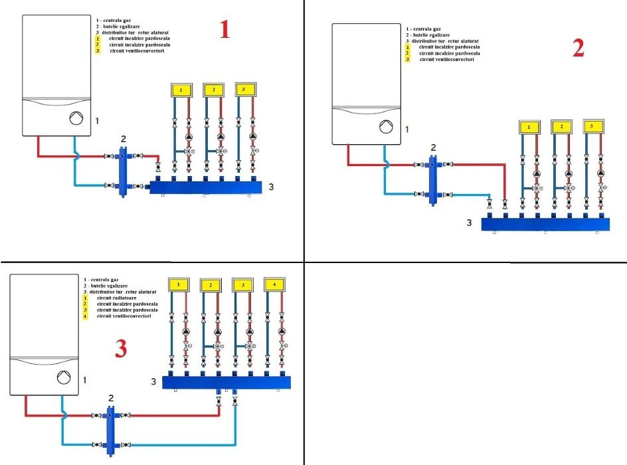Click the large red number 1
[x=224, y=29]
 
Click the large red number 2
[x=578, y=48]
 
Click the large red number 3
[x=120, y=349]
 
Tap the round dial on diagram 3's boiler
[x=63, y=377]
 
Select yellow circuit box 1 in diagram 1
[x=181, y=90]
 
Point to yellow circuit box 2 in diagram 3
[x=211, y=285]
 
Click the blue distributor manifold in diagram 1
[x=207, y=187]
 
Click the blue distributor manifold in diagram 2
[x=545, y=225]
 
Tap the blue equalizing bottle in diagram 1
[x=124, y=173]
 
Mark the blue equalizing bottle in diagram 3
[x=111, y=429]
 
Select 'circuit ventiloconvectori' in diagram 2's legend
[x=446, y=60]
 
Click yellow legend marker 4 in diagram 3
[x=85, y=316]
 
